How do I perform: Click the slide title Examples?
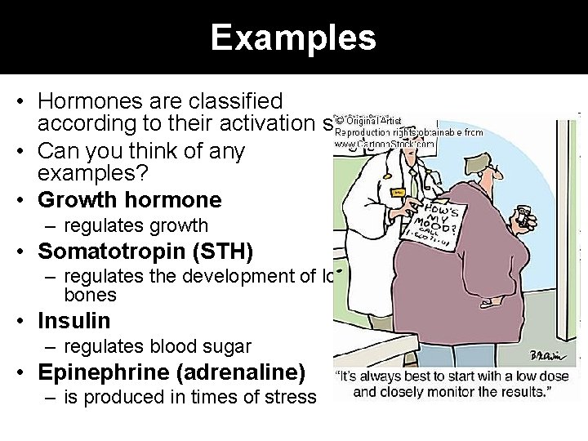(293, 38)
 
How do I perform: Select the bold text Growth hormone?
(129, 200)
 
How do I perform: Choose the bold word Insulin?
(73, 321)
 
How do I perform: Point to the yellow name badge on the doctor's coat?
(399, 193)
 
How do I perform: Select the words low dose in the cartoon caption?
(506, 377)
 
